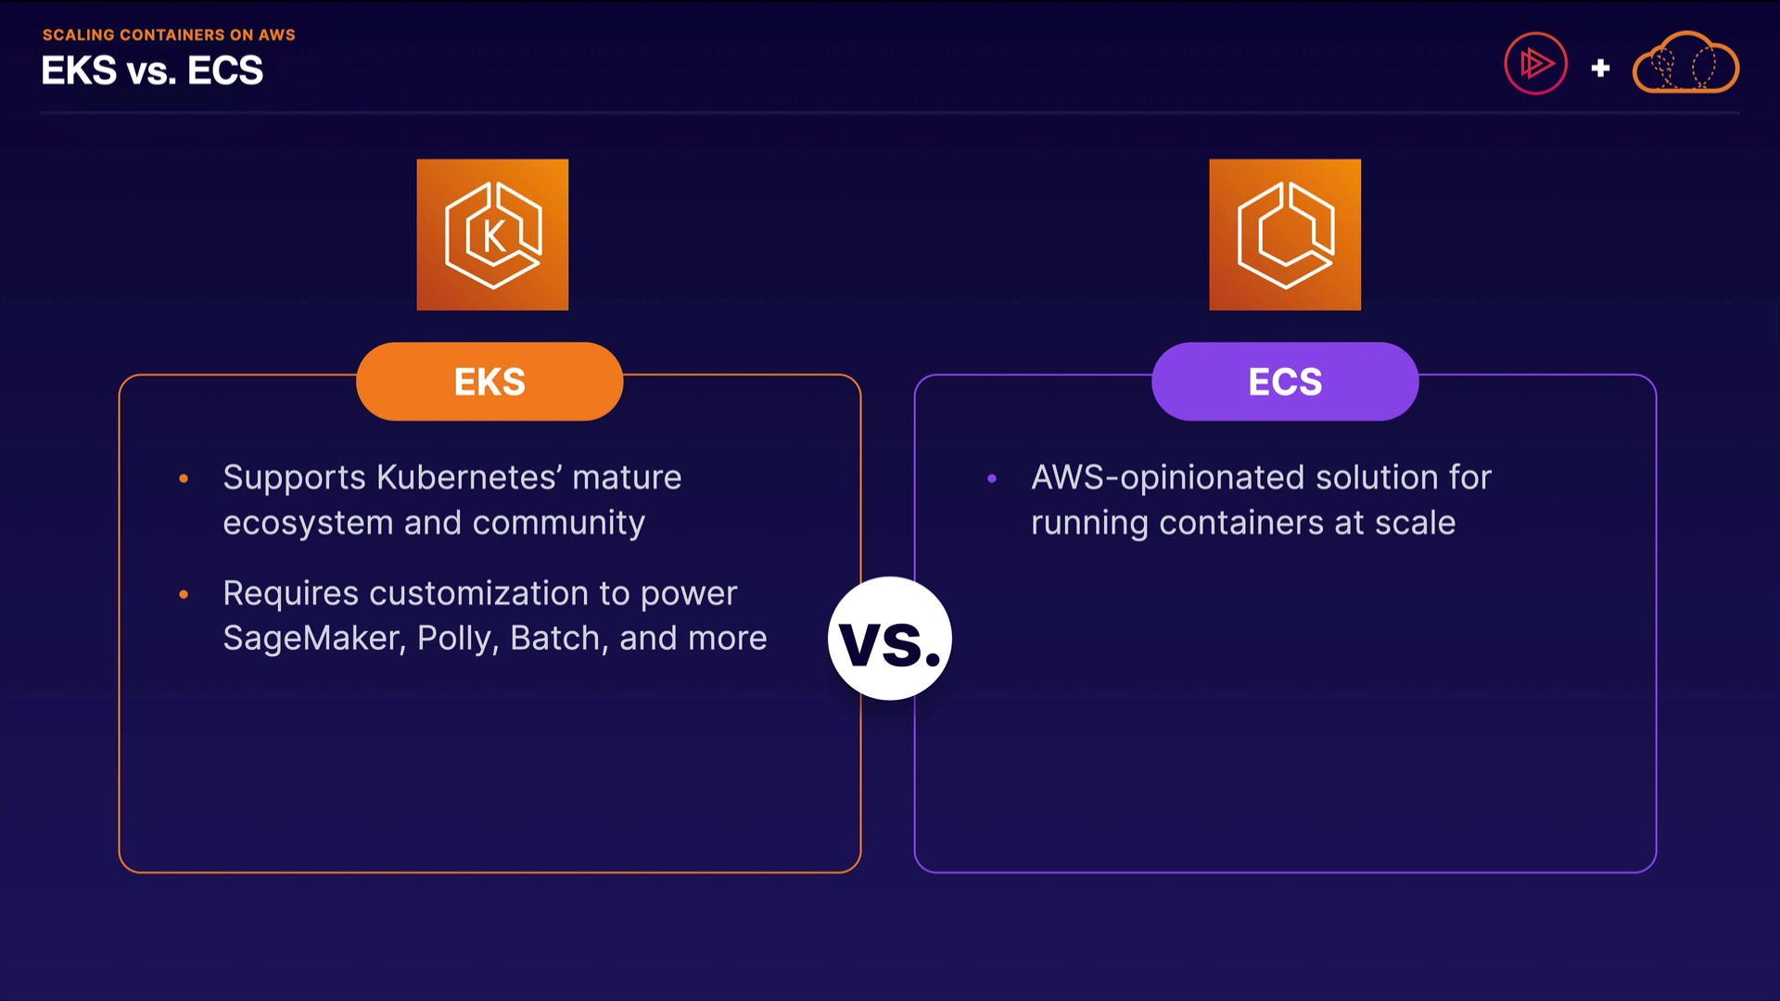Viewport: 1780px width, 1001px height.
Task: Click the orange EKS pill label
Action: pyautogui.click(x=489, y=382)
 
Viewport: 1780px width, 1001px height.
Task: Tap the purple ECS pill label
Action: pyautogui.click(x=1285, y=382)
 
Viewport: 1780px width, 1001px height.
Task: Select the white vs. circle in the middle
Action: pyautogui.click(x=890, y=639)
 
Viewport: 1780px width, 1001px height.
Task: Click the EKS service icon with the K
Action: pyautogui.click(x=492, y=234)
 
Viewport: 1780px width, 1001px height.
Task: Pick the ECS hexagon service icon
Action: pyautogui.click(x=1285, y=234)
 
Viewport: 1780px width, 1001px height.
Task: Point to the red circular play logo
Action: pyautogui.click(x=1535, y=64)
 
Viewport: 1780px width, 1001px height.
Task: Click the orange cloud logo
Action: pyautogui.click(x=1685, y=64)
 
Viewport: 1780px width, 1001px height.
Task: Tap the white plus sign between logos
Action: pyautogui.click(x=1600, y=68)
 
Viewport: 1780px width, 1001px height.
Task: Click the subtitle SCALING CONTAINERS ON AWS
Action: pyautogui.click(x=169, y=35)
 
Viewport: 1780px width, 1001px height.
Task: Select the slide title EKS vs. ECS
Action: pyautogui.click(x=152, y=71)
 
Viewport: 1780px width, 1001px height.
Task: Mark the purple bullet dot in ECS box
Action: pyautogui.click(x=992, y=478)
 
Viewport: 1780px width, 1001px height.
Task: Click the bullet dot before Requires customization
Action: pyautogui.click(x=184, y=594)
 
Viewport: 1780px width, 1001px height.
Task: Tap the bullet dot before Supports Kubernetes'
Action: pyautogui.click(x=184, y=478)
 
